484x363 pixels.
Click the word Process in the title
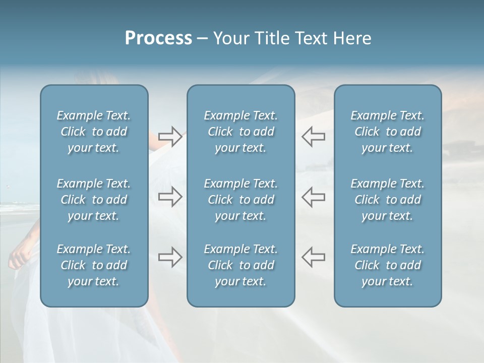pos(158,38)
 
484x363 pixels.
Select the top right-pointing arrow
pos(170,137)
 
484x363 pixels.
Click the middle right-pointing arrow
pos(170,197)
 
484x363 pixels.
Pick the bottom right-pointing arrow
pos(170,257)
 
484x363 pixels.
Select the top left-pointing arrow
pos(313,137)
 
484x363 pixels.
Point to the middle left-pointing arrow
pos(313,197)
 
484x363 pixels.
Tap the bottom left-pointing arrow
pos(313,257)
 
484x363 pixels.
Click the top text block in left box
pos(94,132)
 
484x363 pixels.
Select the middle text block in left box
pos(94,200)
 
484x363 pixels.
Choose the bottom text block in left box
pos(94,265)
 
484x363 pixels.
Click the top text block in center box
pos(241,132)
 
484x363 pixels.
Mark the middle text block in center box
pos(241,200)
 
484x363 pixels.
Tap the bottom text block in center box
pos(241,265)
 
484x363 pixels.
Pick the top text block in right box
pos(388,132)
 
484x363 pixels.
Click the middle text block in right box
pos(388,200)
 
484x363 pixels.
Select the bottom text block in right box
pos(388,265)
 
